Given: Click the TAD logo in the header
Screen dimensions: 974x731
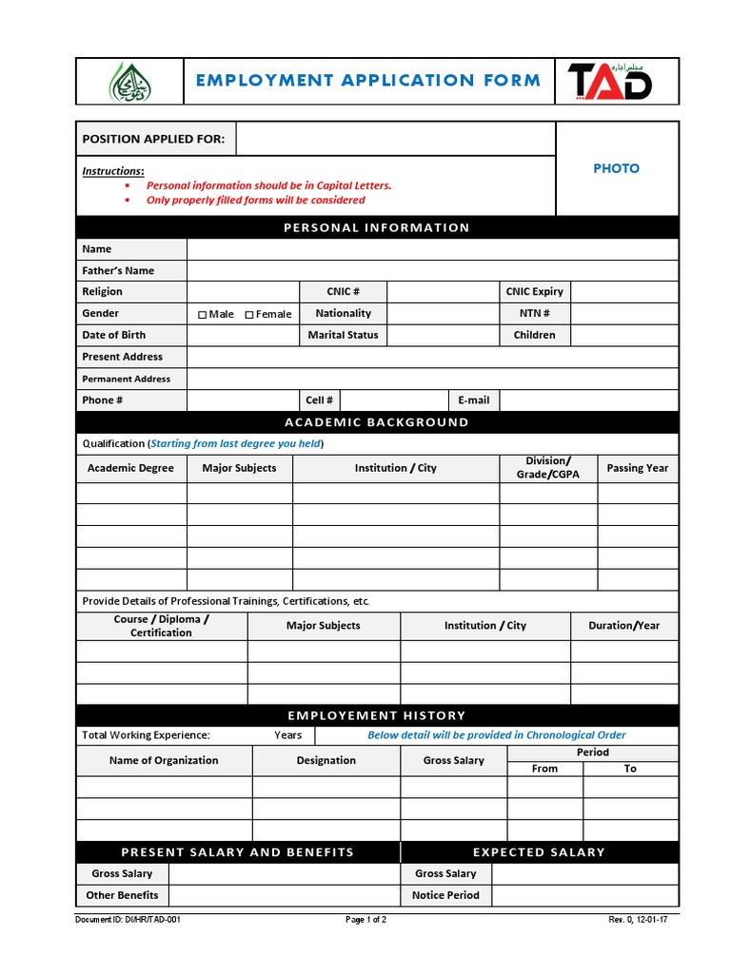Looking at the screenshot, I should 610,81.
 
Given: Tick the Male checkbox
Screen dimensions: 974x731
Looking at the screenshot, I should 203,315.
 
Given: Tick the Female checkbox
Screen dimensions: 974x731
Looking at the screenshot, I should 249,315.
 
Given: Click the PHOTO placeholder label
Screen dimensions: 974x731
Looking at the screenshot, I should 616,168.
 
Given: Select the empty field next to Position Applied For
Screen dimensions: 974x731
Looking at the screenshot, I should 395,139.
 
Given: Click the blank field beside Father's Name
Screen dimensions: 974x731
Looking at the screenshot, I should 432,270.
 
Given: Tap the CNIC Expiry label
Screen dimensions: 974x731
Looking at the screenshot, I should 534,292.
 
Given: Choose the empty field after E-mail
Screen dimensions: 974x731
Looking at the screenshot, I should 588,400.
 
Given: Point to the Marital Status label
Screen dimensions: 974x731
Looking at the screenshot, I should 343,335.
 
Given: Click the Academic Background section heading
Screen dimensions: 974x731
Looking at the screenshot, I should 377,422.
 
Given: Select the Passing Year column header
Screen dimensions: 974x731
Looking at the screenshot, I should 637,468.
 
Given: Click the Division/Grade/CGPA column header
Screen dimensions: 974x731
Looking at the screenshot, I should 547,468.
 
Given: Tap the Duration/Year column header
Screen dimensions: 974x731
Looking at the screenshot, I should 624,626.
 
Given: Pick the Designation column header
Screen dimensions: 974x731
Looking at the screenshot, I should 326,761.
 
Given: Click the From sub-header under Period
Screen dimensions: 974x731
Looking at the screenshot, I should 544,769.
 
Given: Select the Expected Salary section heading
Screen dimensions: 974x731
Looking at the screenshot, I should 539,852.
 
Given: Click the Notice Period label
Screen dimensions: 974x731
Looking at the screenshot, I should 445,895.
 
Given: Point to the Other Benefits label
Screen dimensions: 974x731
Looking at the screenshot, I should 122,895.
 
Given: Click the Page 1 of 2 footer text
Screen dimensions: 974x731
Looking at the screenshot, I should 365,921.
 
